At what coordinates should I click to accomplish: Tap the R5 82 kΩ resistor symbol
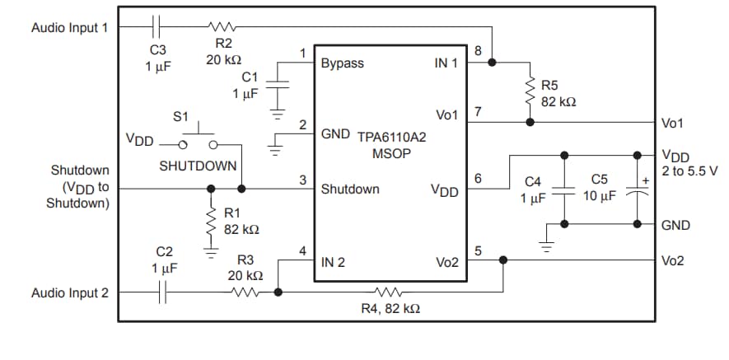tap(530, 91)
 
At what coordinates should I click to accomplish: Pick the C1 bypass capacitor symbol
tap(280, 85)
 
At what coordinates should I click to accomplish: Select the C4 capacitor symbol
tap(564, 189)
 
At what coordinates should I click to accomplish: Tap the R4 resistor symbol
tap(387, 292)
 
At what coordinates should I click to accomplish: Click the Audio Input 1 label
tap(69, 27)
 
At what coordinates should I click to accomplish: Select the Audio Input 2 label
tap(69, 292)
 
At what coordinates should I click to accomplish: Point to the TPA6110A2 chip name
tap(392, 138)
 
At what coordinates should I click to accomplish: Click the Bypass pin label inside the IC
tap(342, 63)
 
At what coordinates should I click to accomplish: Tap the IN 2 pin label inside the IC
tap(333, 263)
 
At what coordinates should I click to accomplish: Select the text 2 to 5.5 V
tap(689, 171)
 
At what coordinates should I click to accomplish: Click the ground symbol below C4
tap(544, 244)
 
